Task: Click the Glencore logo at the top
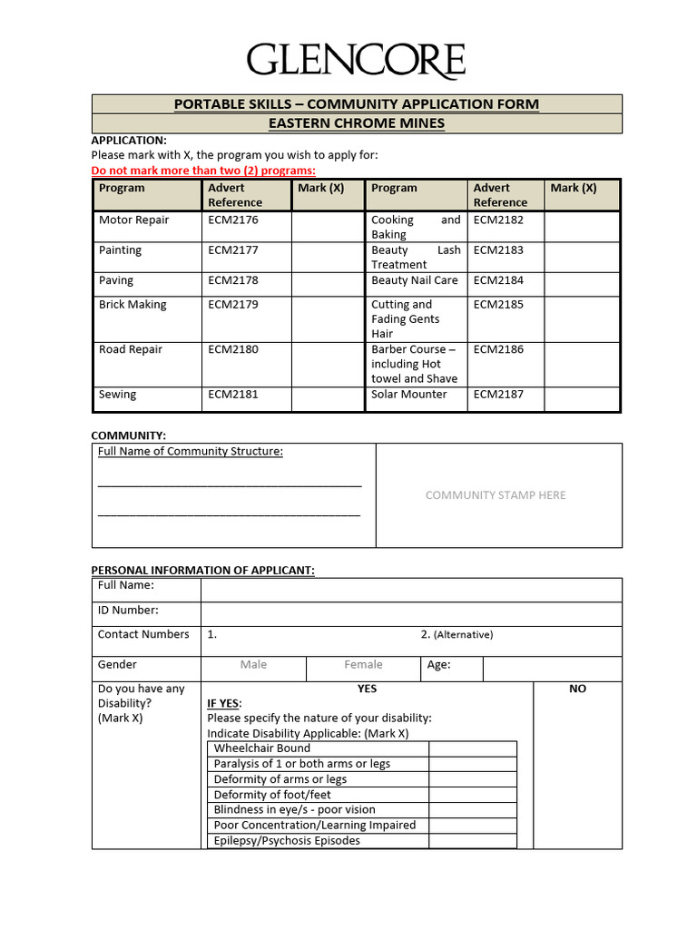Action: click(x=356, y=62)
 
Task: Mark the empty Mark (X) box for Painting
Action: click(x=326, y=257)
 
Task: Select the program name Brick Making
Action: click(x=133, y=305)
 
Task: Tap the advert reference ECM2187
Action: click(x=498, y=395)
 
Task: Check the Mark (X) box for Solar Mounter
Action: click(x=581, y=398)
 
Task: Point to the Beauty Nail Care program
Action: click(x=414, y=280)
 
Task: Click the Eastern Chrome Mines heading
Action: click(x=357, y=123)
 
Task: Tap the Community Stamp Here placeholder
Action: click(x=496, y=495)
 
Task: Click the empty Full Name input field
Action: click(x=411, y=590)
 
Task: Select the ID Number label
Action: click(x=128, y=611)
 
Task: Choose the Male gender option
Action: click(x=253, y=665)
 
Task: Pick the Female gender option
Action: click(x=363, y=665)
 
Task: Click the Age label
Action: click(x=438, y=665)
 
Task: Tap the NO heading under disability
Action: click(x=577, y=689)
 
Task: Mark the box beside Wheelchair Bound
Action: click(x=472, y=748)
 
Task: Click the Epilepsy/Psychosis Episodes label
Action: click(x=287, y=841)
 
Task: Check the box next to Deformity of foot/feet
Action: click(x=472, y=795)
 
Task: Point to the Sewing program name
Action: click(x=118, y=395)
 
